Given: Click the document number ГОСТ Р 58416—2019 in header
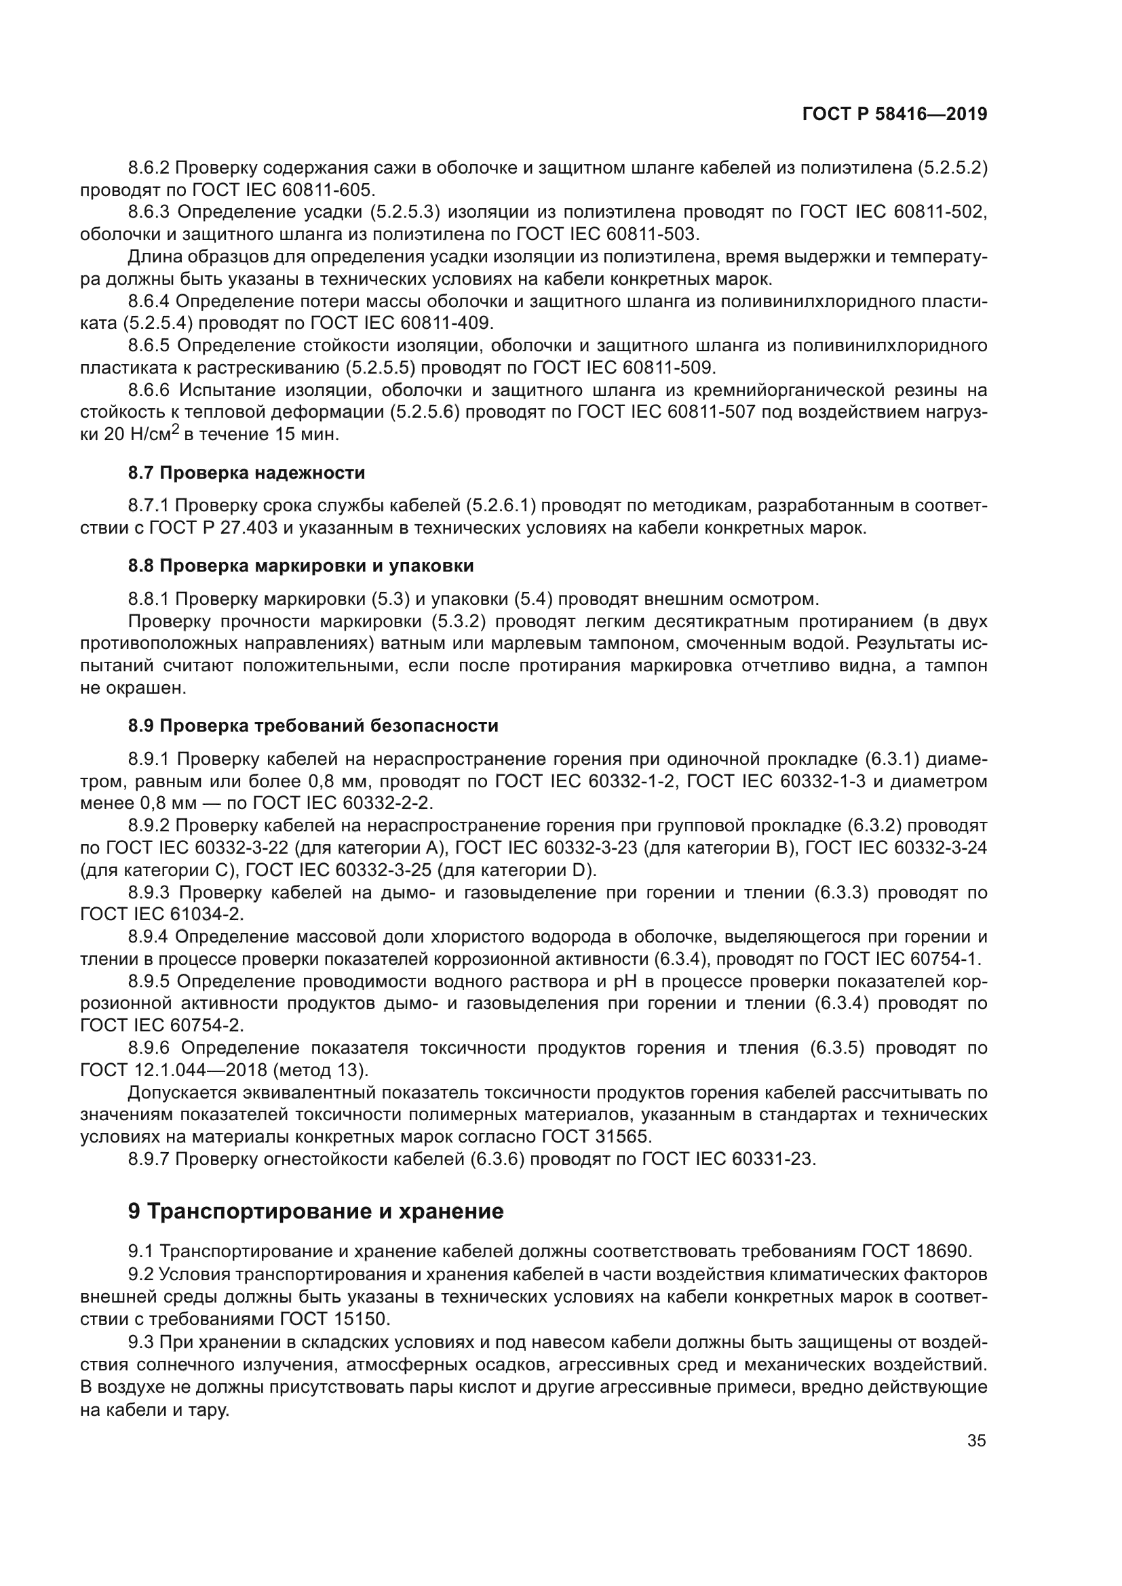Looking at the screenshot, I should point(894,114).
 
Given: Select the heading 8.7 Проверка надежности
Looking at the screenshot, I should point(246,473).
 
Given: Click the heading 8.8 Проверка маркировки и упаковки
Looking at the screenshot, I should point(301,566).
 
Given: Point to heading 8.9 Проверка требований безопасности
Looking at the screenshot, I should point(312,726).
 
